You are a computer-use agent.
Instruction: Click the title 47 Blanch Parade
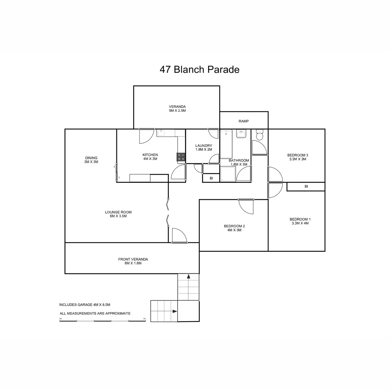(x=200, y=70)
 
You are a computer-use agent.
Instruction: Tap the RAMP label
(x=243, y=121)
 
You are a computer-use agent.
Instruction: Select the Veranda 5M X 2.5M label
(x=177, y=109)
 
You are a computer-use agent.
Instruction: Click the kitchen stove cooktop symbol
(x=181, y=157)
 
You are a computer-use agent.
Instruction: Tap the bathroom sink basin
(x=241, y=134)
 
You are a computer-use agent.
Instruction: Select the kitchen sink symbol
(x=162, y=133)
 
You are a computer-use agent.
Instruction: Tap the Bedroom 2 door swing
(x=246, y=207)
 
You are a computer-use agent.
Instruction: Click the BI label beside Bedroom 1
(x=306, y=187)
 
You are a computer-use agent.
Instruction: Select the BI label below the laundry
(x=211, y=178)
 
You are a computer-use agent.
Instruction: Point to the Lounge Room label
(x=118, y=214)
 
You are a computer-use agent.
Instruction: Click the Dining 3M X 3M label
(x=91, y=160)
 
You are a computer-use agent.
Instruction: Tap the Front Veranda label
(x=133, y=261)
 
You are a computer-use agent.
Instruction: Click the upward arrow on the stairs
(x=188, y=277)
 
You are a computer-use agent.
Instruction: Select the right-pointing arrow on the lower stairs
(x=175, y=311)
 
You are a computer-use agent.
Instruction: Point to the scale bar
(x=103, y=320)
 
